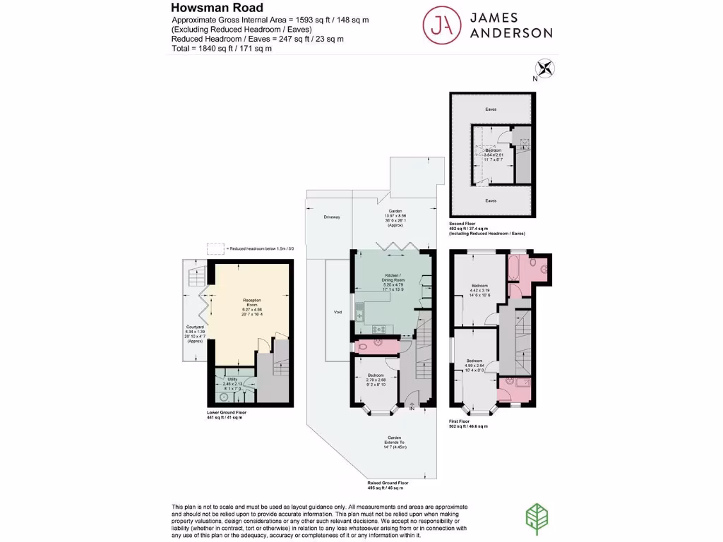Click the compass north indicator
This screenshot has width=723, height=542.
[545, 69]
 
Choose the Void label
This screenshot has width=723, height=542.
[337, 311]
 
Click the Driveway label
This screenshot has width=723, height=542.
[332, 217]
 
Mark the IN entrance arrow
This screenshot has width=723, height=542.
[412, 406]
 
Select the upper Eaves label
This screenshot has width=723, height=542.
[491, 109]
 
